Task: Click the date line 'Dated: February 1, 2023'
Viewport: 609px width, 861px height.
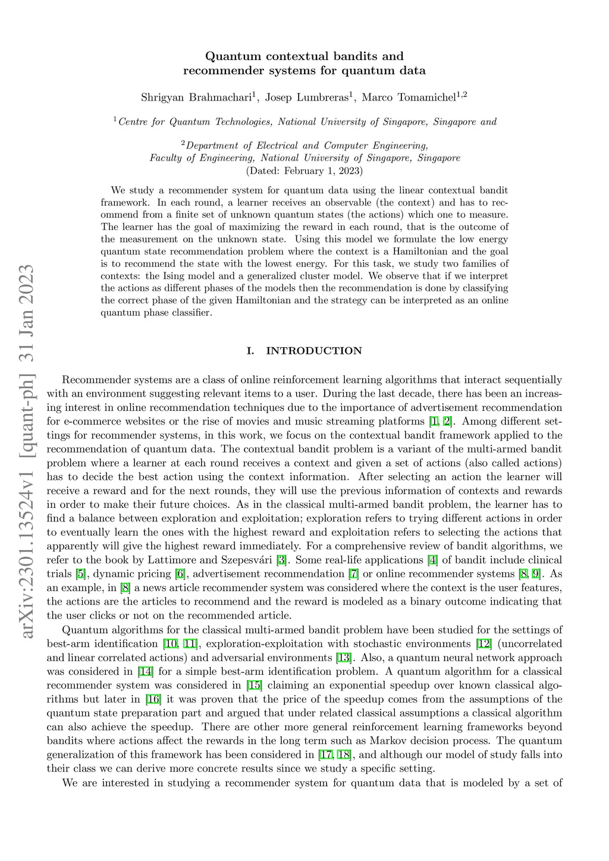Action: point(304,171)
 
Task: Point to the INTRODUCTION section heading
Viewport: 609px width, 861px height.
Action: point(313,351)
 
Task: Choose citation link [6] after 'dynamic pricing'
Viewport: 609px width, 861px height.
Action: point(180,574)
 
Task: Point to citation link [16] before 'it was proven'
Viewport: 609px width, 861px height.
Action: point(153,699)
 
